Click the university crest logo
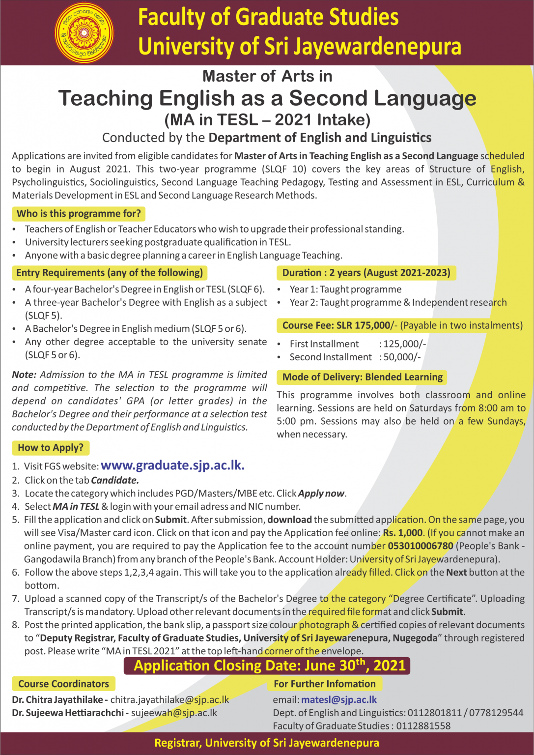point(84,33)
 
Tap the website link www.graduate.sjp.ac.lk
point(172,465)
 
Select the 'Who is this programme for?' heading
point(79,214)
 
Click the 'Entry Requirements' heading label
point(110,273)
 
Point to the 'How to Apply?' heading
point(51,448)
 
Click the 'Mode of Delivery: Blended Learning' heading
point(362,377)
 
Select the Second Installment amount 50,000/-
point(402,357)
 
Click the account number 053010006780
point(421,546)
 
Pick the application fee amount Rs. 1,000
point(403,533)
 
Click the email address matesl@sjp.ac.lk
point(339,699)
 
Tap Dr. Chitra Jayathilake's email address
point(169,699)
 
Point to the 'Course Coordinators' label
point(63,684)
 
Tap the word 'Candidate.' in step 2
point(115,480)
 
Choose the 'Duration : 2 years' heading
point(366,273)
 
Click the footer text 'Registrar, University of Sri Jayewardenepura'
point(267,743)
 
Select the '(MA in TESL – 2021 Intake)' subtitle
point(267,119)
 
